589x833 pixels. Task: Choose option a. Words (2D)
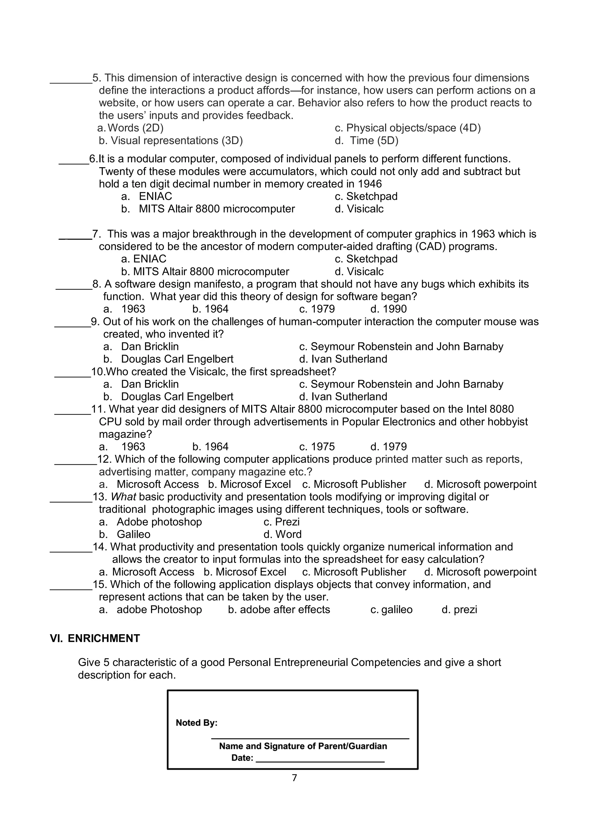131,128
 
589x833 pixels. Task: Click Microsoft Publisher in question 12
354,484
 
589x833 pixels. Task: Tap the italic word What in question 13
123,497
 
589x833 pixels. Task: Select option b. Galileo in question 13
125,534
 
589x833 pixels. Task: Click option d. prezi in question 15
459,609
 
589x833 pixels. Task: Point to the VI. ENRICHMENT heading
95,638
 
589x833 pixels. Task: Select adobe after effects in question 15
279,609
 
